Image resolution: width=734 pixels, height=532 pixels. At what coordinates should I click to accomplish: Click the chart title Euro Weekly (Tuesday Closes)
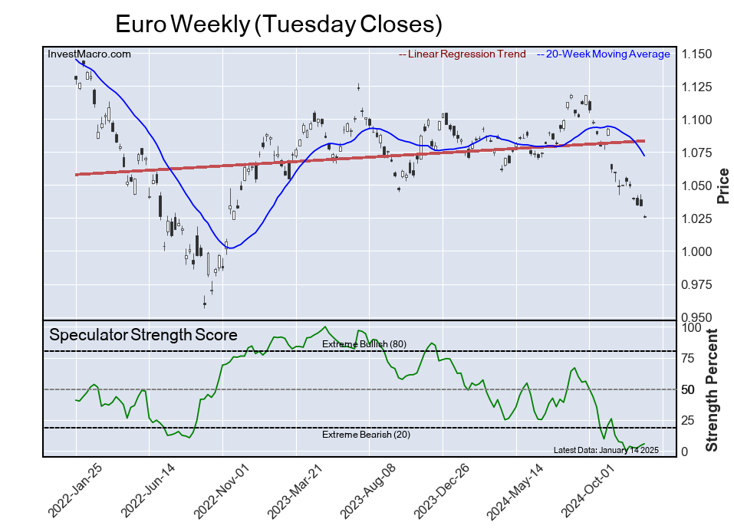pyautogui.click(x=278, y=24)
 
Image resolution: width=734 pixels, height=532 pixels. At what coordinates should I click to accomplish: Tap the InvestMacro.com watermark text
pyautogui.click(x=89, y=54)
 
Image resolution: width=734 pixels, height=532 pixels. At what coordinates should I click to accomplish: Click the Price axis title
pyautogui.click(x=722, y=186)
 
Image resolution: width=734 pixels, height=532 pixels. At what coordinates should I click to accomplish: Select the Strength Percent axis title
pyautogui.click(x=713, y=389)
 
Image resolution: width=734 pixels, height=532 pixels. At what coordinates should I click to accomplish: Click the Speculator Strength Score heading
pyautogui.click(x=143, y=335)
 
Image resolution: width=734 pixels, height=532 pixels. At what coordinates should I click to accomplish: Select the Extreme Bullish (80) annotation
pyautogui.click(x=364, y=344)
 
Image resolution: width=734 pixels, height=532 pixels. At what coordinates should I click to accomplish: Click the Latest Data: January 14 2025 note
pyautogui.click(x=606, y=450)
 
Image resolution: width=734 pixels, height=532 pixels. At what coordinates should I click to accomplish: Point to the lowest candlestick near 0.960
pyautogui.click(x=205, y=304)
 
